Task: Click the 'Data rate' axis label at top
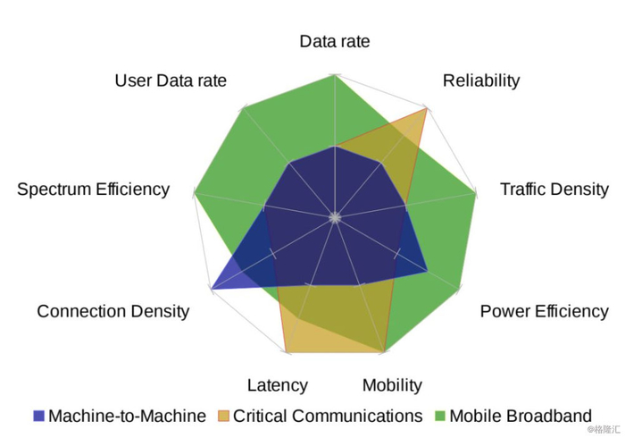335,41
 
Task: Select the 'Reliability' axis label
481,81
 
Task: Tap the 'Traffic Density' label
554,190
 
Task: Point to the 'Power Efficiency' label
544,312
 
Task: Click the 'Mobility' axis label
392,386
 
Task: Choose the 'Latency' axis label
278,386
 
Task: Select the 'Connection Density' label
113,312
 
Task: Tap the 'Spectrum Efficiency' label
93,190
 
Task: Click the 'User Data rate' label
171,80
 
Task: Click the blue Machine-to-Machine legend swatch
38,416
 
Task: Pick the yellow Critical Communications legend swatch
223,416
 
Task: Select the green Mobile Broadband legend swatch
439,416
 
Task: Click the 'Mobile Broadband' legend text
521,416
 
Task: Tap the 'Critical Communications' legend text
328,416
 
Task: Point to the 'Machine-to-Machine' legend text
127,416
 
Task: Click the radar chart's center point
335,218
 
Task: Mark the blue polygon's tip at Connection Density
212,289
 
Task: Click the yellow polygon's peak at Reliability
427,108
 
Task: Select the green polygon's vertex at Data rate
335,75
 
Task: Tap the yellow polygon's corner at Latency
287,352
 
